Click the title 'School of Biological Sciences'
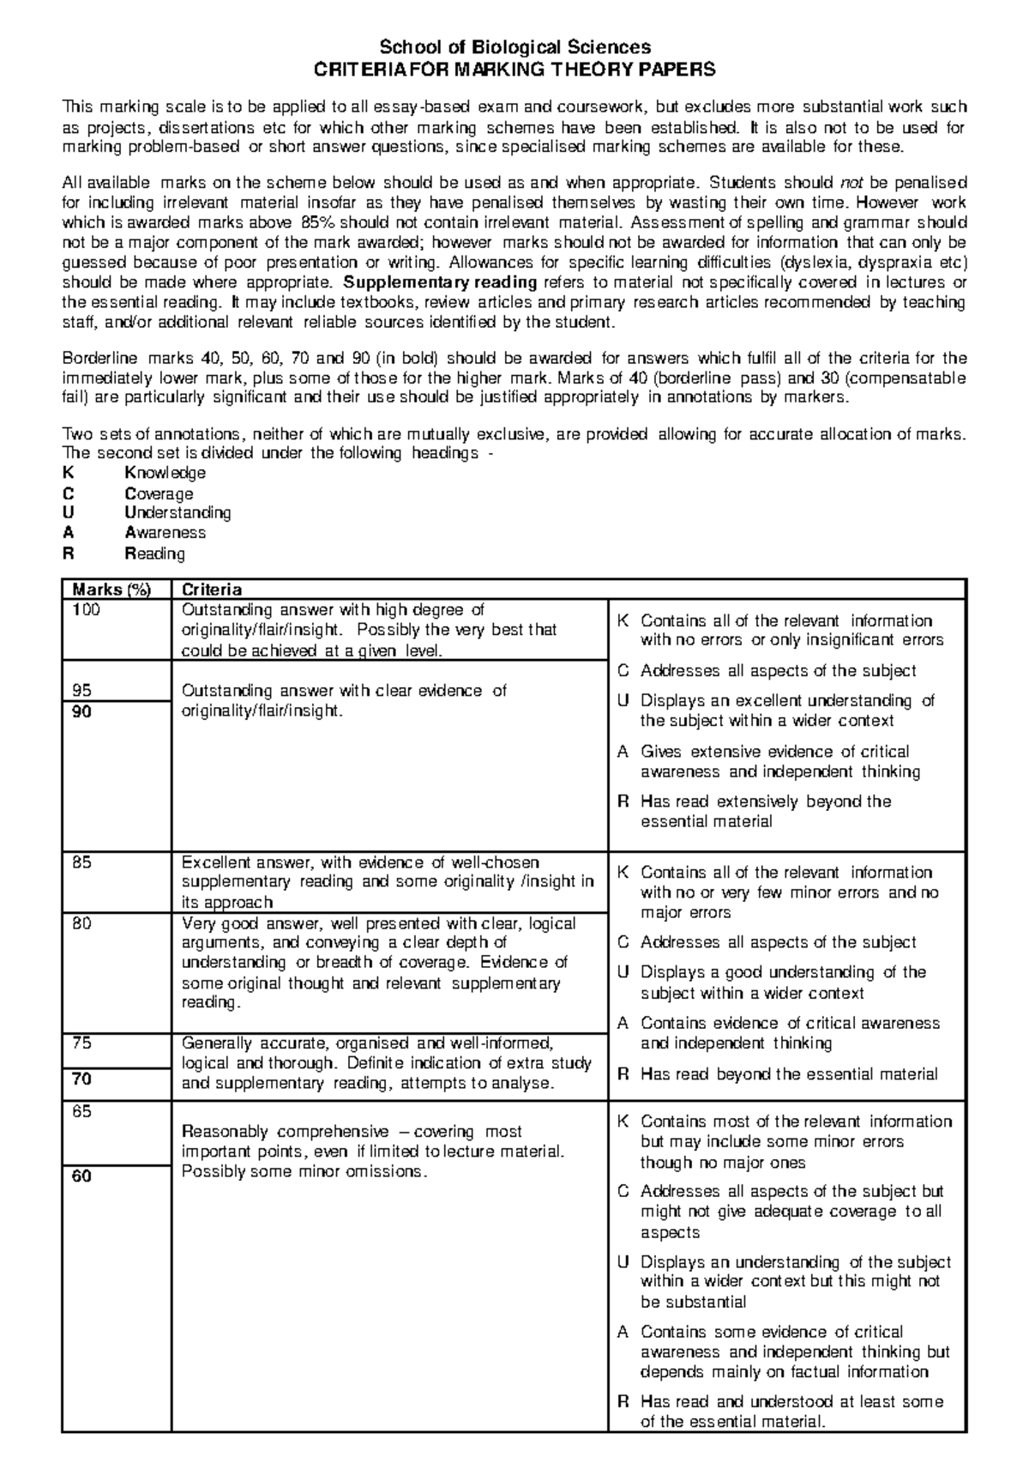point(515,47)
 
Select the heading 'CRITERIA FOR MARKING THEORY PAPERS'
point(515,70)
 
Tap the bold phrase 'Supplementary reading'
point(439,282)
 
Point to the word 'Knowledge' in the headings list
point(165,473)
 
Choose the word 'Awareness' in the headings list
point(165,533)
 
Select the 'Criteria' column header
point(212,589)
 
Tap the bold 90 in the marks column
point(81,711)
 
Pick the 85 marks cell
point(81,862)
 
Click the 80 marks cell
point(81,923)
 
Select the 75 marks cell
point(81,1043)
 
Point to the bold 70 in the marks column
point(81,1079)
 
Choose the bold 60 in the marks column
point(81,1176)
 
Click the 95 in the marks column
point(81,690)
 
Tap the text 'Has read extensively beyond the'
point(766,801)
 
